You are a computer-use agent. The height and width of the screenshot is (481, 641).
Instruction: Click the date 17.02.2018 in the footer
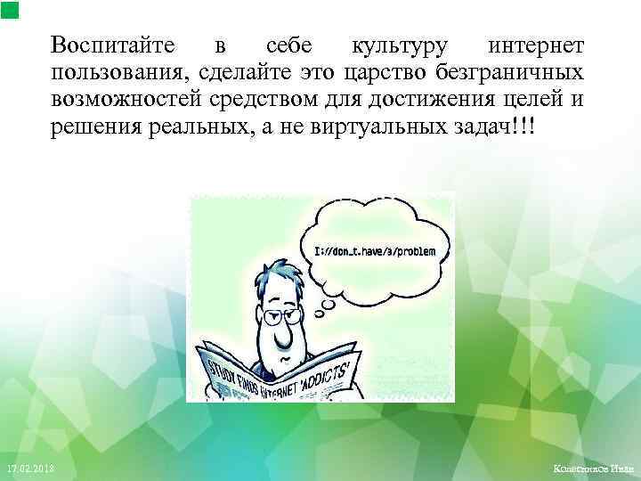click(x=30, y=469)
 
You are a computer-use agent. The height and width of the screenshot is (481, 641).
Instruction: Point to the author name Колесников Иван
click(x=592, y=469)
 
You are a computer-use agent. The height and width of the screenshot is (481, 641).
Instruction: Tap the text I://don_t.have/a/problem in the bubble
click(x=376, y=252)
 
